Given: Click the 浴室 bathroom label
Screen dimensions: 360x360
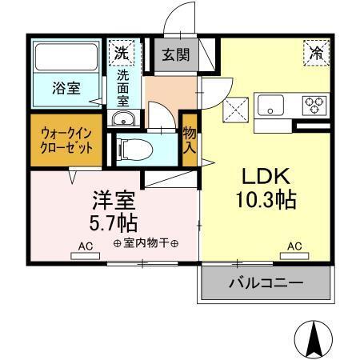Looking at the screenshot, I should (67, 89).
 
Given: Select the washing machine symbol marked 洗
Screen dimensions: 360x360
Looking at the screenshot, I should (122, 53).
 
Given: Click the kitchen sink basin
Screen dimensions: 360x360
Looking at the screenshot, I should (270, 105).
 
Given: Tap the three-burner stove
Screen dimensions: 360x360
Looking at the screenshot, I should (312, 103).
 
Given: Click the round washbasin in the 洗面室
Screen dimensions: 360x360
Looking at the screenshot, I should (122, 120).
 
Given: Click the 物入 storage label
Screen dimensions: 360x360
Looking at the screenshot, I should (190, 141).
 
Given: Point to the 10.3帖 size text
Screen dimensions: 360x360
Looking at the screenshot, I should (266, 200).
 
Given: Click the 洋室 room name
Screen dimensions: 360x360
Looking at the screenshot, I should (111, 197).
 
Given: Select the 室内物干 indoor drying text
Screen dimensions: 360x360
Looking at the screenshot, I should (146, 244).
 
